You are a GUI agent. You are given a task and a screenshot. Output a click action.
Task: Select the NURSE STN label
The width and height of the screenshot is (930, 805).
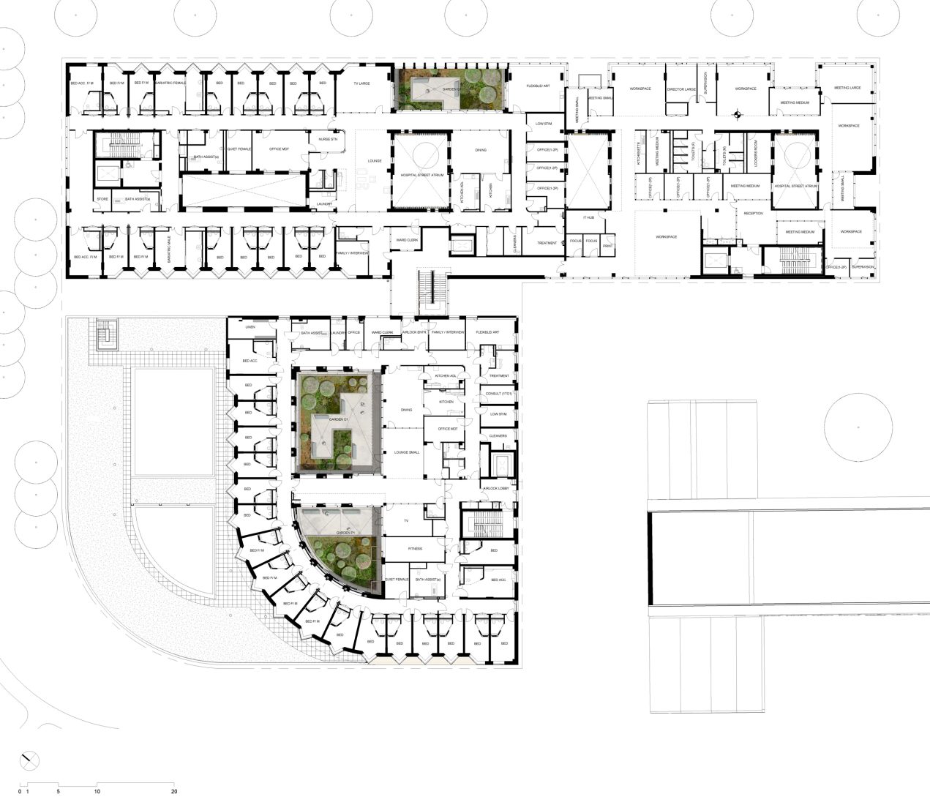click(x=323, y=138)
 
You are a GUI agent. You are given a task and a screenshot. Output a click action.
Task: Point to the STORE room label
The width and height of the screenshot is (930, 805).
click(x=102, y=199)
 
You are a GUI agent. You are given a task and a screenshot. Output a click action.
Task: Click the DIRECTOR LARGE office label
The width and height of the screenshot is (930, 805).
click(x=681, y=89)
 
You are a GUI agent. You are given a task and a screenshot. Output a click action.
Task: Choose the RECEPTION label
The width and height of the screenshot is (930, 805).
click(x=753, y=213)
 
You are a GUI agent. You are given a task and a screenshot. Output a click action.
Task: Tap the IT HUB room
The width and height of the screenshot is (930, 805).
click(x=588, y=218)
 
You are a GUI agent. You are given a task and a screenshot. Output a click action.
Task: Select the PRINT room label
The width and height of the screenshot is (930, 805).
click(x=608, y=246)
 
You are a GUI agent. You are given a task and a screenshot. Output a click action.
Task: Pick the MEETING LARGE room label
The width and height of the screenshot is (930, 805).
click(x=847, y=88)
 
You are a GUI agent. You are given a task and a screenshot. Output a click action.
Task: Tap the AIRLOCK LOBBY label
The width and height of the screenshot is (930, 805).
click(x=498, y=488)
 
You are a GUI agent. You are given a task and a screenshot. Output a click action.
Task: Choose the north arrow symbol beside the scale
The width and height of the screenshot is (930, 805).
click(x=29, y=760)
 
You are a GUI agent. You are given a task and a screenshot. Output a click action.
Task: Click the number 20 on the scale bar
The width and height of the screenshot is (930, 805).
click(x=173, y=791)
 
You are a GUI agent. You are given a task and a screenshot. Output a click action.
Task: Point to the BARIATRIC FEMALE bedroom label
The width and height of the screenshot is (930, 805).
click(x=170, y=83)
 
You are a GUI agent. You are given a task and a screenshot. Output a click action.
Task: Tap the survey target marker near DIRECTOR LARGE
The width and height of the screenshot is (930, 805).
click(x=738, y=113)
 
